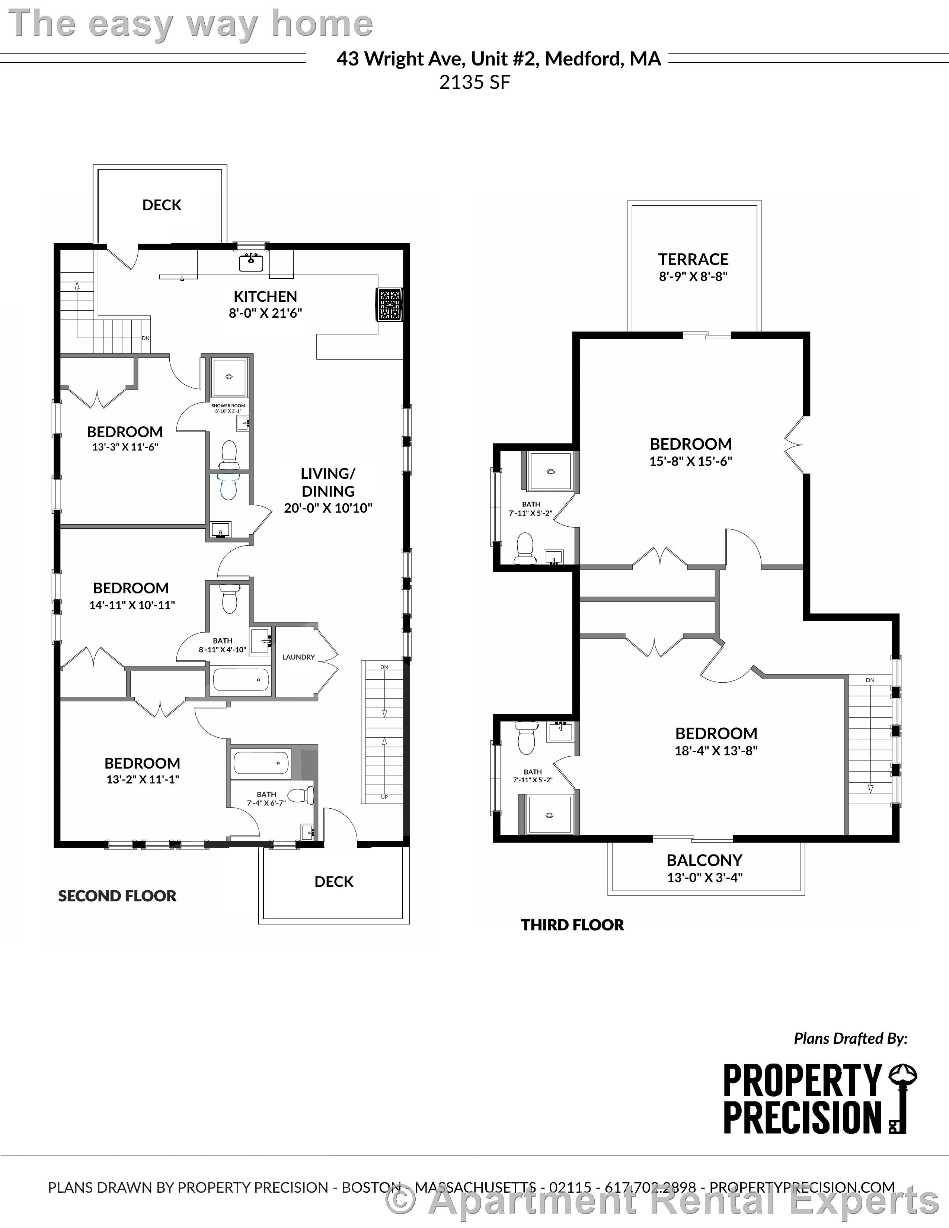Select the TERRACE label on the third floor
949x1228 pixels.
693,259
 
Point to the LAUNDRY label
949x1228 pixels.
298,657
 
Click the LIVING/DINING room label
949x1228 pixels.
328,482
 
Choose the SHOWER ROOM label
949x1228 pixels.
228,405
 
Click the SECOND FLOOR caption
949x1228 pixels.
117,896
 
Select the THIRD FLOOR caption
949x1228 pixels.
572,925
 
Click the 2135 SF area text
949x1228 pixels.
474,83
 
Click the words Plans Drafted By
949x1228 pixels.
850,1039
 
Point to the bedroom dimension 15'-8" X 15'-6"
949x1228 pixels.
691,461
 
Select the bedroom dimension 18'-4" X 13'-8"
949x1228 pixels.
716,751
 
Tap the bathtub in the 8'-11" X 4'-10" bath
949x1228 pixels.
240,680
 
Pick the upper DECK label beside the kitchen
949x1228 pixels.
162,205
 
